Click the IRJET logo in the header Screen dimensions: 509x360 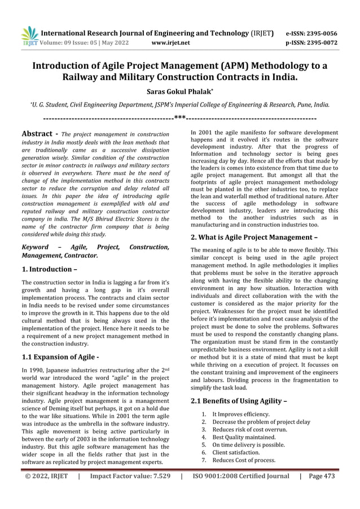pos(28,36)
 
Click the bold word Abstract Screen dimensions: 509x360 pos(37,134)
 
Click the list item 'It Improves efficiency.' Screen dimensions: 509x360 pos(241,415)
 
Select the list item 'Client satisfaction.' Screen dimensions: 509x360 pos(236,453)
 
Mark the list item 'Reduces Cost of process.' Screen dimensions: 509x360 pos(244,460)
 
